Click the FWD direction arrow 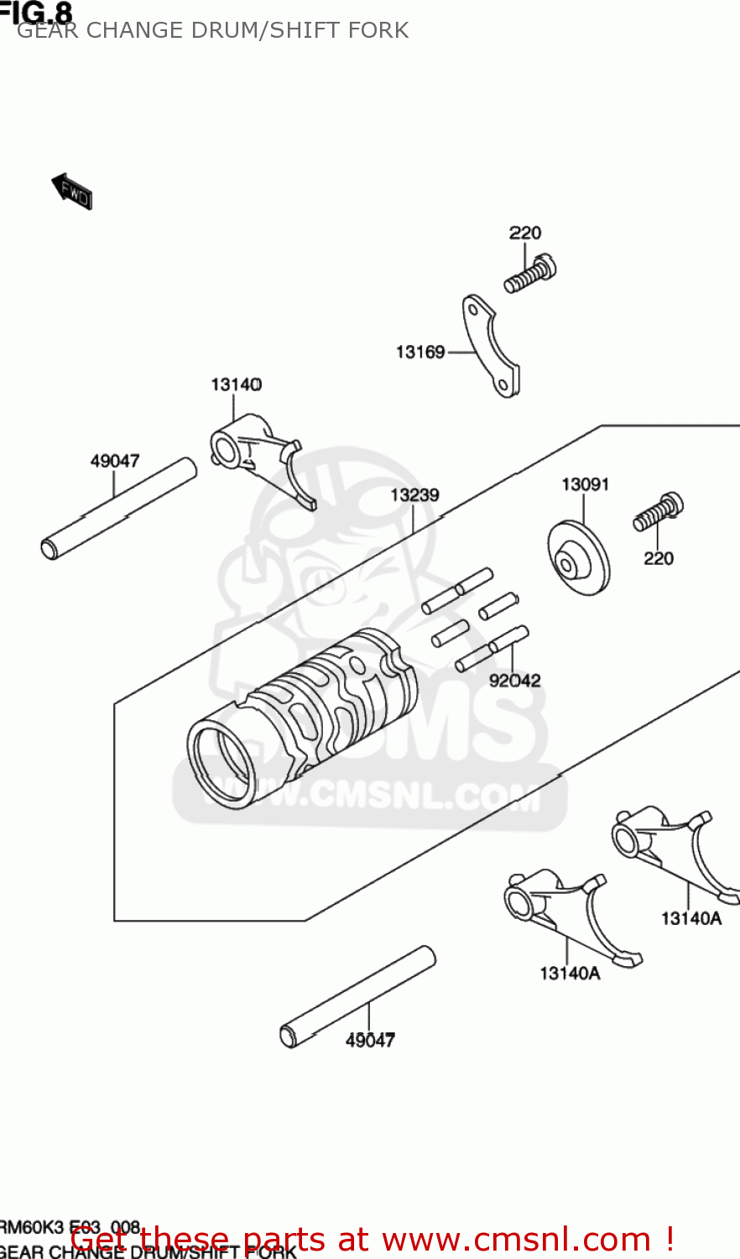pos(72,191)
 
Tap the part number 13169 pos(420,352)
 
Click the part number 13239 pos(414,495)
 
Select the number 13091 pos(585,484)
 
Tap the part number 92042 pos(515,681)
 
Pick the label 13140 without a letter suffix pos(236,384)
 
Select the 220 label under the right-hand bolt pos(659,558)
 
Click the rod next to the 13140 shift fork pos(118,509)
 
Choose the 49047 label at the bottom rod pos(370,1040)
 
